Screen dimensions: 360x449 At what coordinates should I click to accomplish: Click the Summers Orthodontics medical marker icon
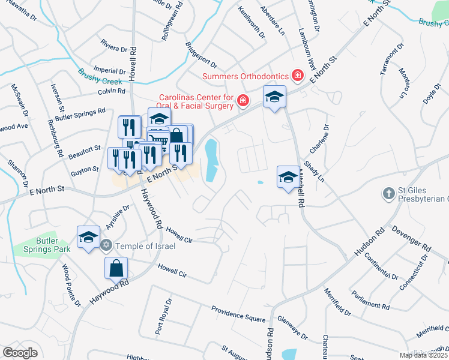click(x=297, y=76)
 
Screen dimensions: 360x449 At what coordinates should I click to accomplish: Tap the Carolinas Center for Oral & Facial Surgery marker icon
click(x=243, y=100)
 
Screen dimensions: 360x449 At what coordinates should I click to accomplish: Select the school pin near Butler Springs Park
click(x=88, y=236)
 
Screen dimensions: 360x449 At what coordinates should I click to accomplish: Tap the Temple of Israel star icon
click(x=106, y=245)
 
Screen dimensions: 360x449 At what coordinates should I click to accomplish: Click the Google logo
click(x=20, y=353)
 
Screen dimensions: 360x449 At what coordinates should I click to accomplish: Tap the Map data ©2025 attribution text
click(x=423, y=355)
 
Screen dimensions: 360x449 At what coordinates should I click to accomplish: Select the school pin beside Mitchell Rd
click(x=288, y=176)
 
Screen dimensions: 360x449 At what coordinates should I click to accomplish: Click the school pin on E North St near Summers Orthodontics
click(x=274, y=97)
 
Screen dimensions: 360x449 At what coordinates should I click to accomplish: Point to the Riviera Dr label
click(x=114, y=48)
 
